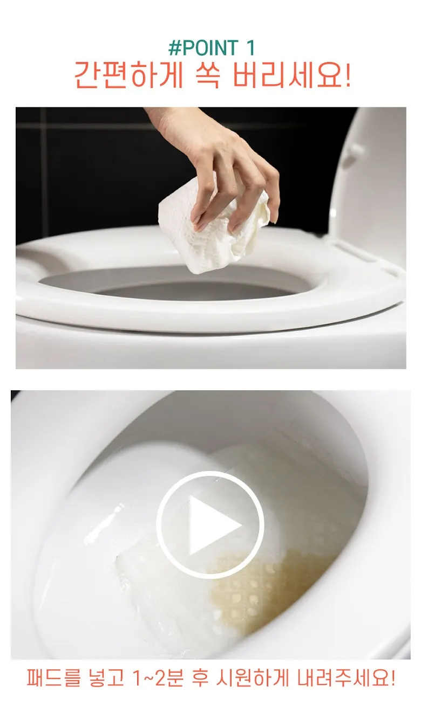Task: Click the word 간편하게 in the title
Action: (x=128, y=75)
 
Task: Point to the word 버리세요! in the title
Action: (x=291, y=75)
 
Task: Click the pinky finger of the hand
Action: (x=273, y=202)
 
